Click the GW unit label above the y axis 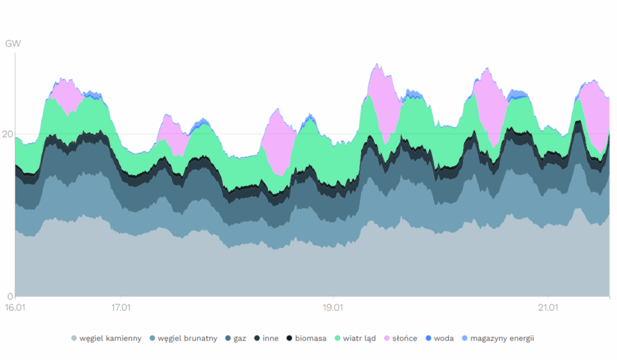click(x=13, y=44)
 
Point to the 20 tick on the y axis click(x=7, y=134)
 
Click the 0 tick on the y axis click(x=10, y=296)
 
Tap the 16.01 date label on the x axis click(x=15, y=308)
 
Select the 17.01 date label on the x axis click(x=121, y=308)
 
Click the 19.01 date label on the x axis click(x=333, y=308)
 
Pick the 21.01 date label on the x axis click(x=548, y=308)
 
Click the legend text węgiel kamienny click(x=110, y=339)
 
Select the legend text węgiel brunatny click(x=188, y=339)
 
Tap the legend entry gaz click(x=239, y=339)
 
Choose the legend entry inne click(x=271, y=339)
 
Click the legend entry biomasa click(x=310, y=339)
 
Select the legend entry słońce click(x=405, y=339)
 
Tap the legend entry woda click(x=443, y=339)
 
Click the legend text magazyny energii click(x=502, y=339)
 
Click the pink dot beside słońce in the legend click(x=387, y=339)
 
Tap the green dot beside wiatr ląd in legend click(x=338, y=339)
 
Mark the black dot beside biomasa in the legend click(x=289, y=339)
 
